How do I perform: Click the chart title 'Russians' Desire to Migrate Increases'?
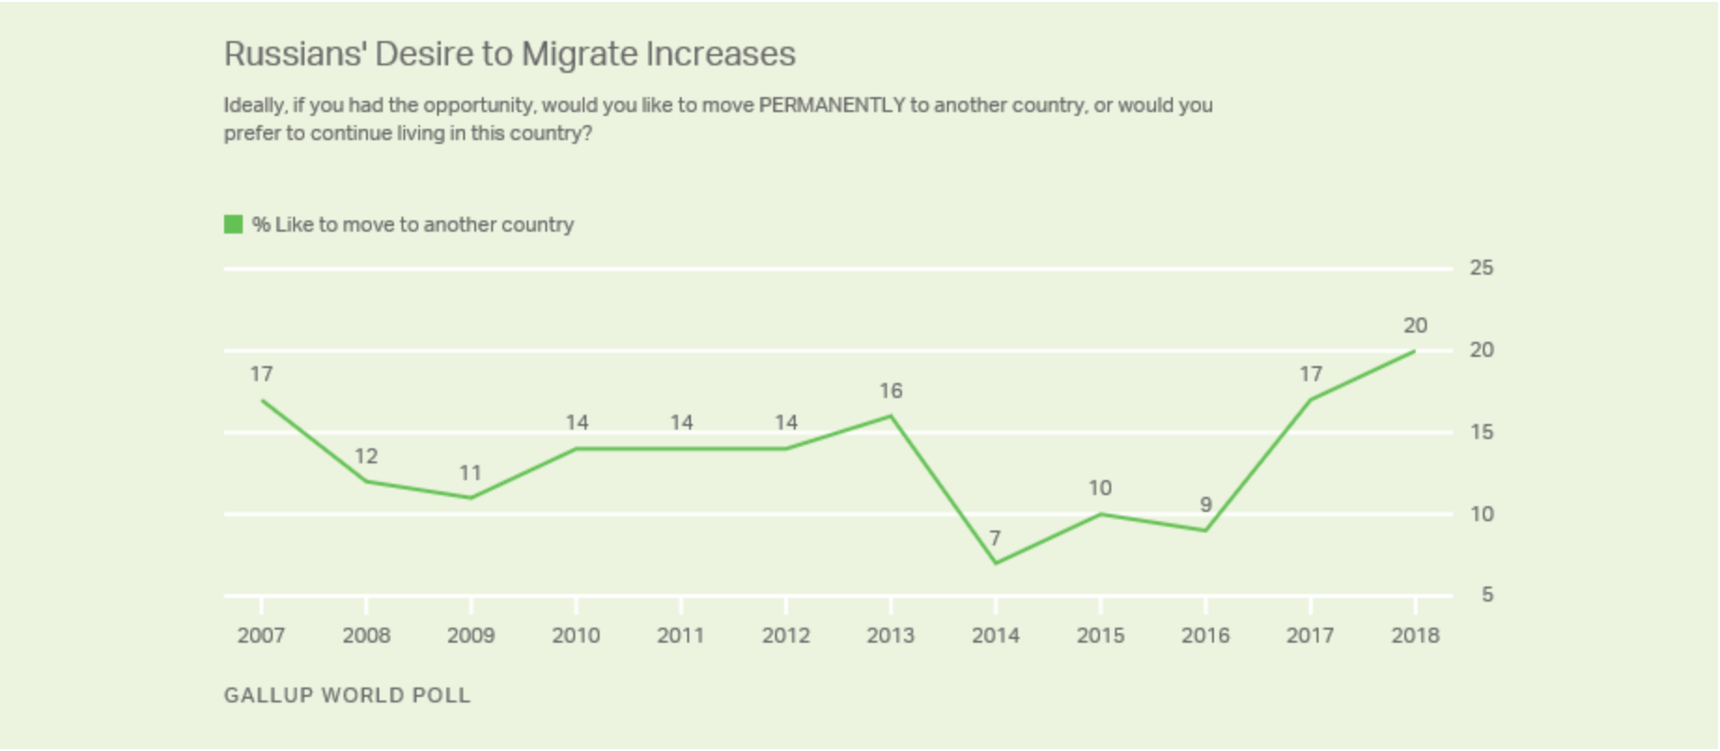509,54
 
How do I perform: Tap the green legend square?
233,224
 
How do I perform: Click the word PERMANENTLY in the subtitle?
831,105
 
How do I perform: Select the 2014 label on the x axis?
995,635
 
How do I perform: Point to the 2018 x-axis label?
1415,635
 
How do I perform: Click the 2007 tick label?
261,635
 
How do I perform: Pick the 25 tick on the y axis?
1481,268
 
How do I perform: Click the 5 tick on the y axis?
1487,595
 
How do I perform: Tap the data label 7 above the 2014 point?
995,538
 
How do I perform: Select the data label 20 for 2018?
1415,326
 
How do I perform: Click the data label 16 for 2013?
890,390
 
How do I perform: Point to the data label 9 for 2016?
1205,505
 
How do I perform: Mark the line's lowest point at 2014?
995,563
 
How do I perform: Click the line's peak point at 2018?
1415,351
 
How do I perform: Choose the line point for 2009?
471,498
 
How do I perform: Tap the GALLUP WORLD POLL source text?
347,696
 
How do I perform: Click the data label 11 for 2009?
471,473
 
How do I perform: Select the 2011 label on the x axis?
680,635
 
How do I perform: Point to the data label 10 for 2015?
1100,488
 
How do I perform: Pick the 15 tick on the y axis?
1481,432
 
